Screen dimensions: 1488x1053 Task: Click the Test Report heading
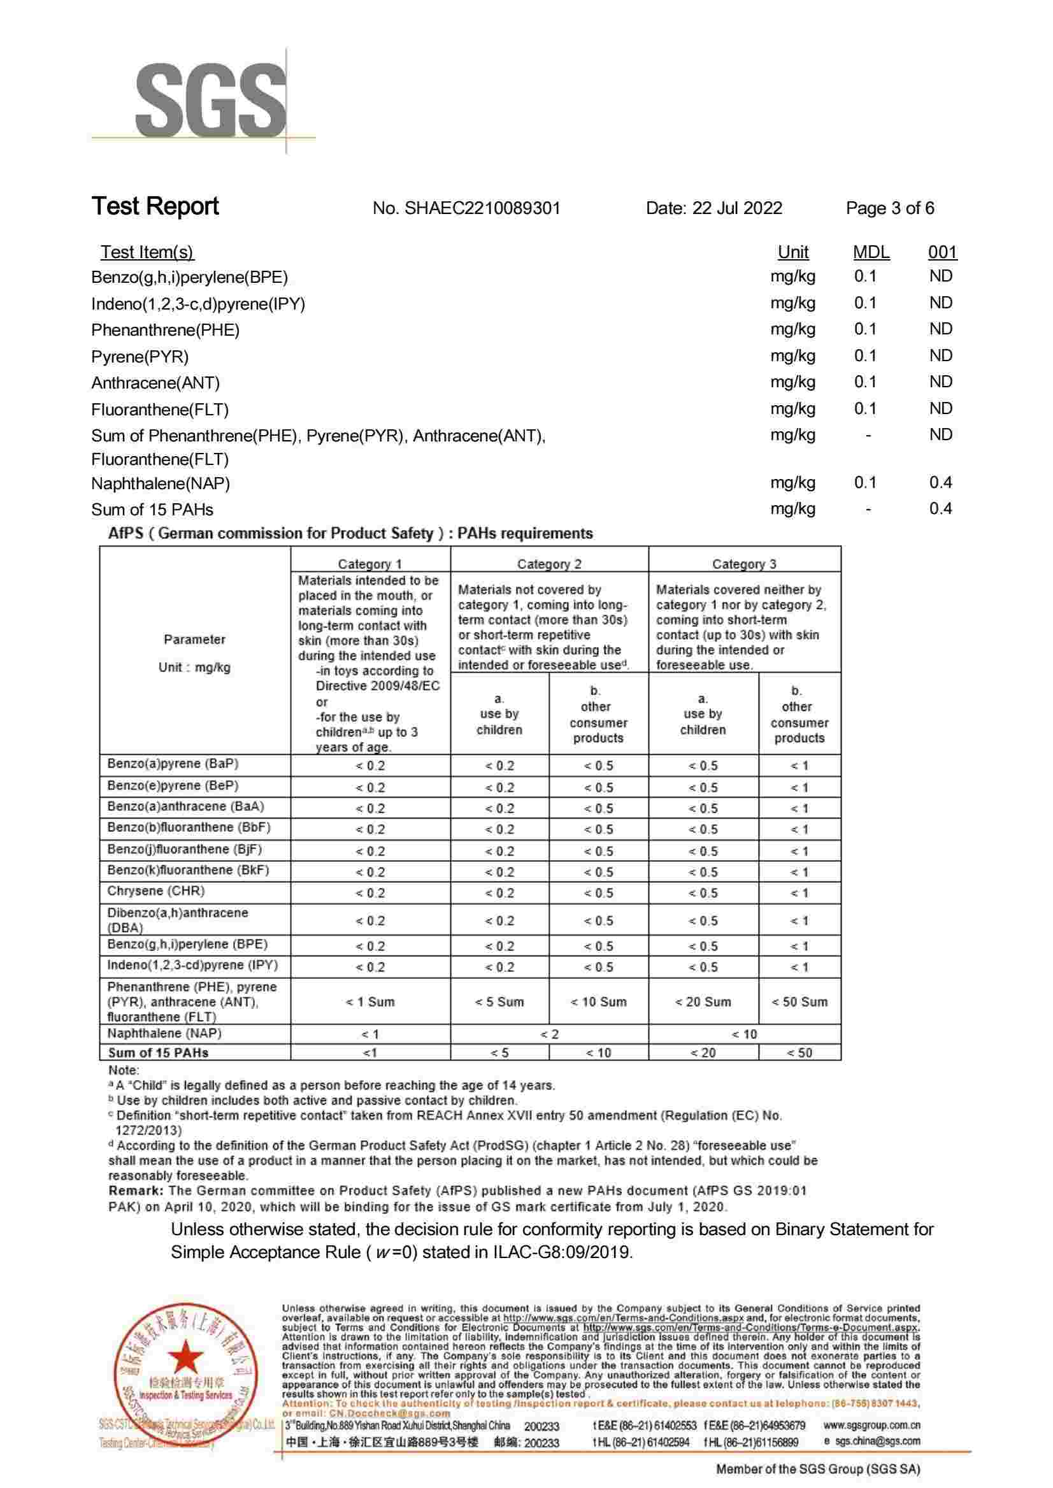(x=155, y=206)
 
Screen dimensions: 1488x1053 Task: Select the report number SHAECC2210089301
(x=466, y=208)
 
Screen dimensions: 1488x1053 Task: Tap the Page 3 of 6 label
(x=889, y=208)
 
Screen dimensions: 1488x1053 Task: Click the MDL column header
(x=871, y=252)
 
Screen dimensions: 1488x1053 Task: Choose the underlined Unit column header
(x=792, y=252)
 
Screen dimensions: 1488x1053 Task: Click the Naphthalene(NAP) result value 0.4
(x=940, y=482)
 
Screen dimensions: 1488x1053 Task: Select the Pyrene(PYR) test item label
(x=140, y=357)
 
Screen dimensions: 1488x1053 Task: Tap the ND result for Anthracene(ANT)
(x=940, y=382)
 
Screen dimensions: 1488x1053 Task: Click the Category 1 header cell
(x=369, y=564)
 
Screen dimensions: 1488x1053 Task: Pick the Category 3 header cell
(x=743, y=564)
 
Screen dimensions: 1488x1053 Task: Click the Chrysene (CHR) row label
(x=155, y=891)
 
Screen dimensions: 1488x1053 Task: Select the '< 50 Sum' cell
(x=799, y=1002)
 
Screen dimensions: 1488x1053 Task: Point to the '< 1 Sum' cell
(x=369, y=1002)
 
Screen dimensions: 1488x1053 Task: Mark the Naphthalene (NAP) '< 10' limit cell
(x=743, y=1034)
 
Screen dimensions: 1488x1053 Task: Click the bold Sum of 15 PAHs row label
(x=158, y=1053)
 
